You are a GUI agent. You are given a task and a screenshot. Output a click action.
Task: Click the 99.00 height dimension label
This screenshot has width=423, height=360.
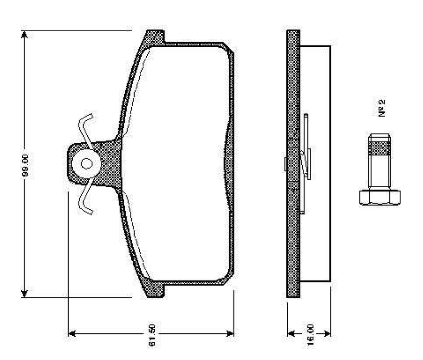[x=25, y=165]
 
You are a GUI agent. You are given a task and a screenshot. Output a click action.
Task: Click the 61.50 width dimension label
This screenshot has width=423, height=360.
[x=152, y=335]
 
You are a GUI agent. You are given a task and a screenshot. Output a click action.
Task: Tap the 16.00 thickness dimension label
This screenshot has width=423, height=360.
[x=311, y=335]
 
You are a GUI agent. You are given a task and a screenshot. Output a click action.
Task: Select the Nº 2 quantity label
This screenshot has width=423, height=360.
[x=382, y=108]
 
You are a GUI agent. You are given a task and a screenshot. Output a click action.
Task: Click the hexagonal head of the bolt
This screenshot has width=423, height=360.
[x=379, y=197]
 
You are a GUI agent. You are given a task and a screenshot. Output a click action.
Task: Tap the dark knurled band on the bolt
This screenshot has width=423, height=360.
[x=379, y=148]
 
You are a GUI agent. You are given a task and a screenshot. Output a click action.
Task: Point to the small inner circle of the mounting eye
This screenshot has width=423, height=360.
[x=87, y=163]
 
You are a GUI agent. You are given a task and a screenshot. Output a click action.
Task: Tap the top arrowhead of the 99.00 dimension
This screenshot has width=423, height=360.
[x=24, y=34]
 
